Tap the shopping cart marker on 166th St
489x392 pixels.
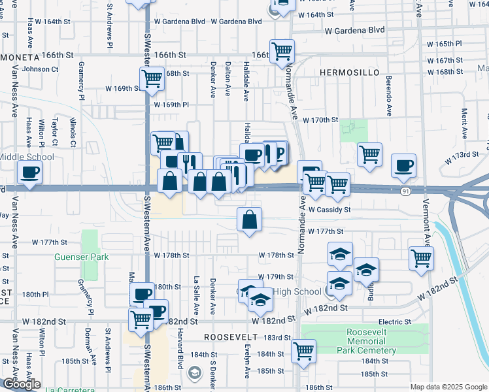(282, 50)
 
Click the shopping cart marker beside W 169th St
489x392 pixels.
(152, 79)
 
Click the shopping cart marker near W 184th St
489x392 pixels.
(303, 351)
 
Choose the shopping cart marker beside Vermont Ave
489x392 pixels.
(422, 257)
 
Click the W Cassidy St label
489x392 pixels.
(330, 210)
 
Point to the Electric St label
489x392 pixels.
(395, 322)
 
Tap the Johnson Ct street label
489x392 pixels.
(41, 69)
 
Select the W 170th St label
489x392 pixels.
(320, 120)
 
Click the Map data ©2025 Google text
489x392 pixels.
(448, 387)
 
